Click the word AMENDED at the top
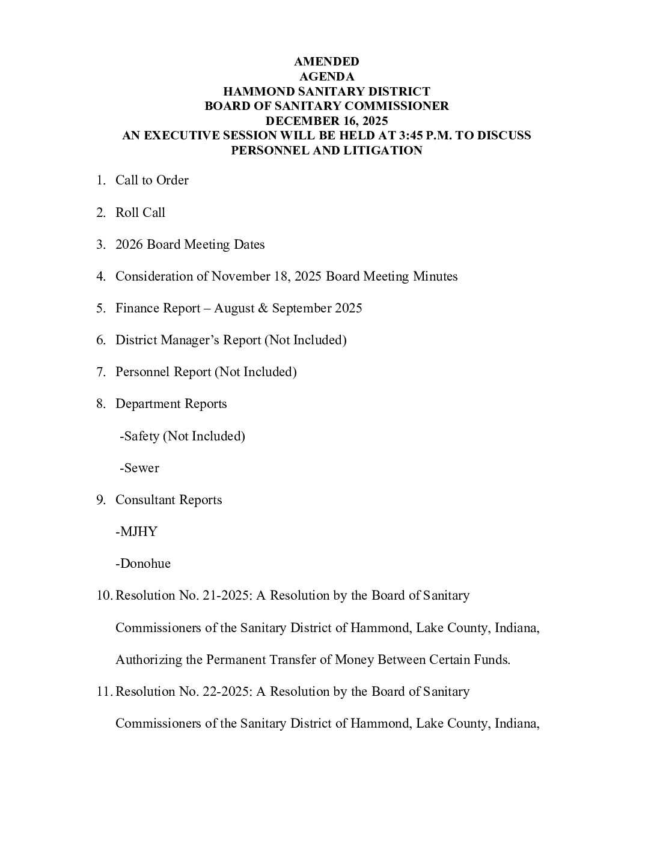[326, 62]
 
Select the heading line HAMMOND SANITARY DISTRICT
[326, 91]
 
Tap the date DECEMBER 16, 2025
[326, 121]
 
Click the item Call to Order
[151, 180]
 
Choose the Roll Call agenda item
[140, 213]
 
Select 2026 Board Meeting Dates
[190, 245]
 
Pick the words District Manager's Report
[188, 340]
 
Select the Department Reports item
[171, 404]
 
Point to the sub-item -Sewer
[139, 468]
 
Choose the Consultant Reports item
[168, 500]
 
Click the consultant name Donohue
[145, 564]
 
